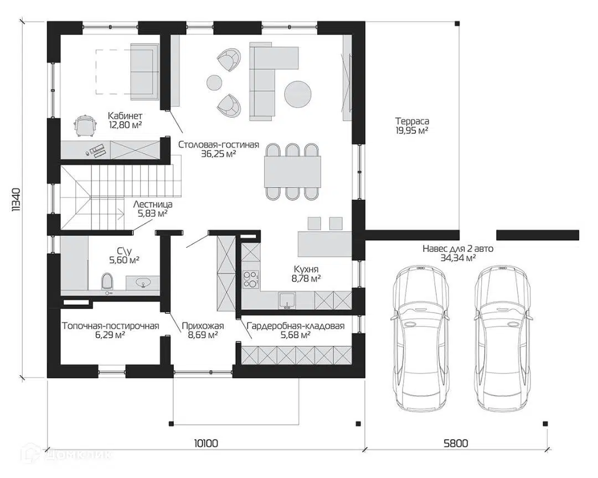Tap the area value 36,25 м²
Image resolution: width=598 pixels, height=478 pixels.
[218, 154]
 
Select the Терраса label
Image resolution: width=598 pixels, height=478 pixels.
[412, 121]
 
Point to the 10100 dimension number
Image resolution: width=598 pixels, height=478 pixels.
[206, 443]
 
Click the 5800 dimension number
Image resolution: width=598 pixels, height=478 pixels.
[456, 443]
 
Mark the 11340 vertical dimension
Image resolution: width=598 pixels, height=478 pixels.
[17, 200]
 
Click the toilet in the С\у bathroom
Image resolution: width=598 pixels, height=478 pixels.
[107, 282]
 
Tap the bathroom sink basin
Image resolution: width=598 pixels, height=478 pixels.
[144, 283]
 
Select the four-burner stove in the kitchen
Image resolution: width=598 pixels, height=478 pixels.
[251, 279]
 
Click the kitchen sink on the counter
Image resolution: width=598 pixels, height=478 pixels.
[286, 300]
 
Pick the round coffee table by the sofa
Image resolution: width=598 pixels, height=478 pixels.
[297, 94]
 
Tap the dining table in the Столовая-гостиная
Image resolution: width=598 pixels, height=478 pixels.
[292, 171]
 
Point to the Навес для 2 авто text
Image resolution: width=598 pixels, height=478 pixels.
[458, 249]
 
